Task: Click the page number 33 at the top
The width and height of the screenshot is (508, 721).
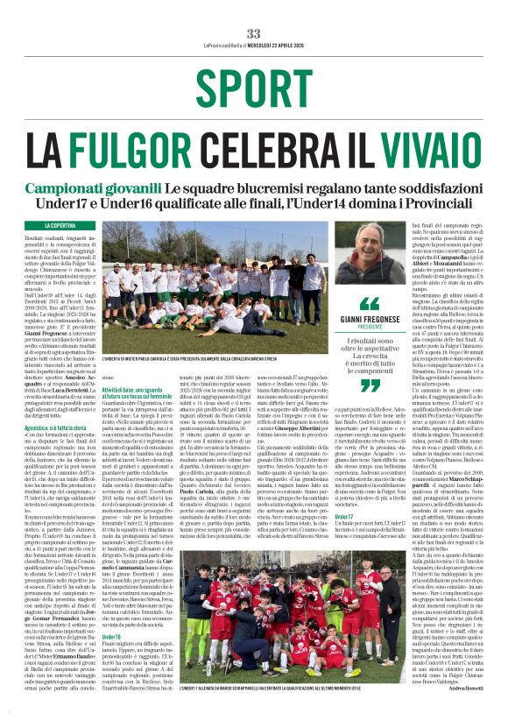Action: [254, 10]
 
